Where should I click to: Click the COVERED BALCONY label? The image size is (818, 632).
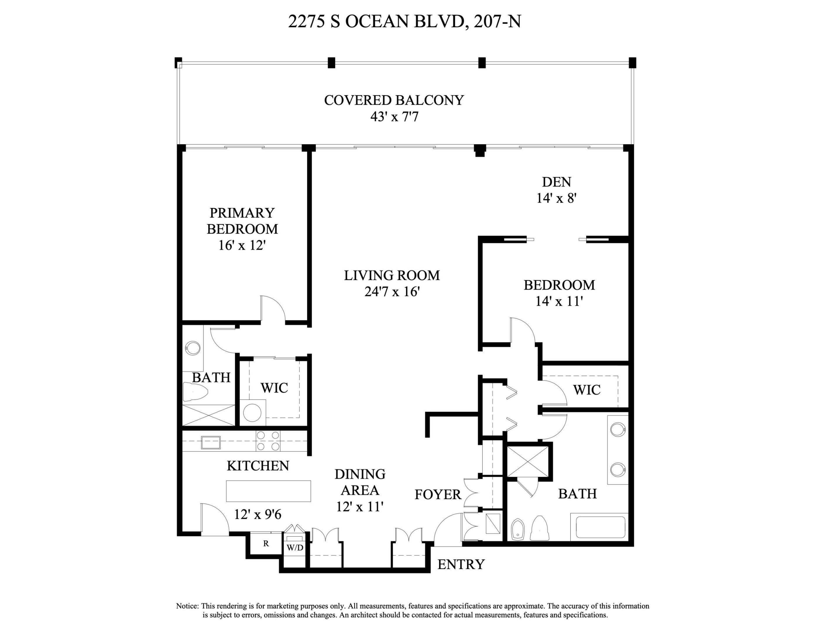coord(394,100)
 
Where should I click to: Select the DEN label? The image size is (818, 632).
coord(556,182)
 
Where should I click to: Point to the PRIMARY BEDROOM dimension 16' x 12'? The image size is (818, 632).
coord(242,245)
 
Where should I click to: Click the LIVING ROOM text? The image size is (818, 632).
coord(392,276)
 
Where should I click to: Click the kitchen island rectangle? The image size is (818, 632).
coord(268,491)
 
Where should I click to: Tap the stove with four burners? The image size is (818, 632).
coord(268,441)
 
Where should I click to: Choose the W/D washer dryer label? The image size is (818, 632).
coord(295,548)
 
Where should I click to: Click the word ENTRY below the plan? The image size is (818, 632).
coord(461,564)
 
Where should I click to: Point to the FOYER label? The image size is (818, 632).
coord(438,494)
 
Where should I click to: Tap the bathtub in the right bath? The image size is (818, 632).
coord(600,527)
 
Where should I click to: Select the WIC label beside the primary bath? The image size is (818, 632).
coord(274,388)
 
